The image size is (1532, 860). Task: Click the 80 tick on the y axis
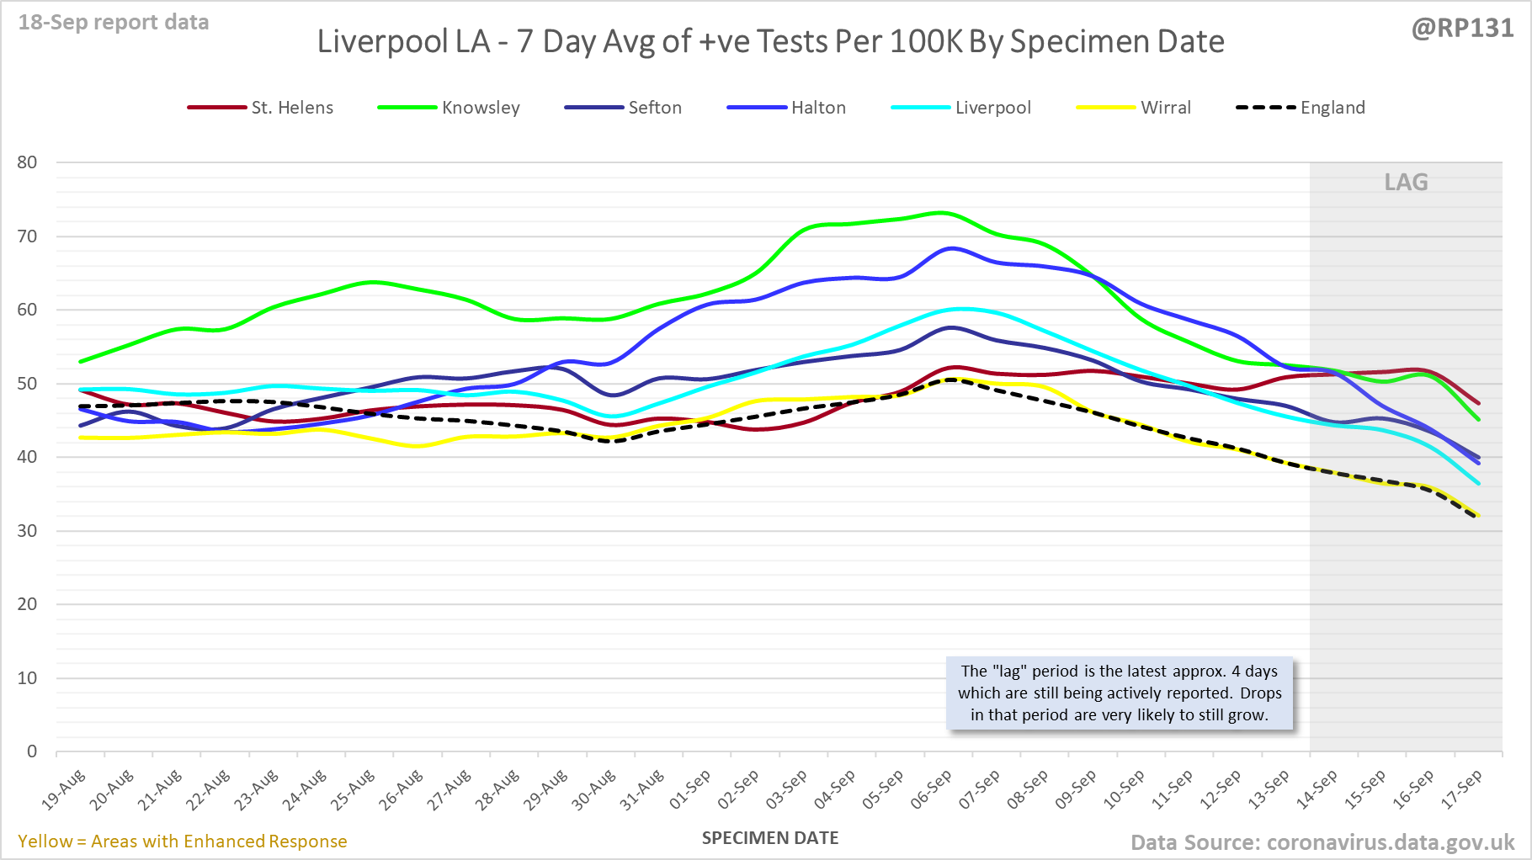28,162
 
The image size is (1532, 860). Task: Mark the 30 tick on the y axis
28,531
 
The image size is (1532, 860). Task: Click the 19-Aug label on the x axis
64,789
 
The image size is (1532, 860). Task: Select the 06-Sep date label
931,789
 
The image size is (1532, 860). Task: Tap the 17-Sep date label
1461,789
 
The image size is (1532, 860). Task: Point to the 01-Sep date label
690,789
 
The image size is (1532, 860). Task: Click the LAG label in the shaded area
1406,183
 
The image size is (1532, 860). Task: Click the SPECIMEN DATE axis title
770,838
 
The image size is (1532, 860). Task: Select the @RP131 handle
1462,29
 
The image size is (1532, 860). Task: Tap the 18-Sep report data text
114,23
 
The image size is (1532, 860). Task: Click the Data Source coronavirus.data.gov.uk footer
1322,842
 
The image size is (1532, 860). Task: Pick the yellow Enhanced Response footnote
182,841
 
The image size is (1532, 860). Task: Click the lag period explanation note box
1119,693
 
